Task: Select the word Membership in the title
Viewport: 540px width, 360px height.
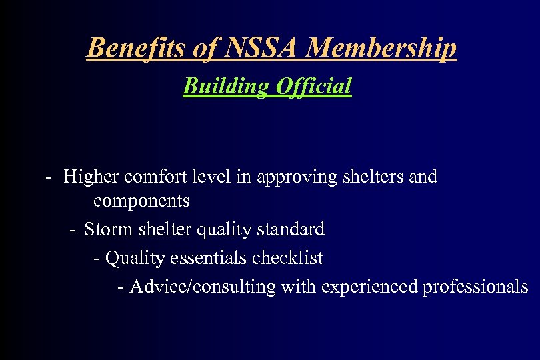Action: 383,48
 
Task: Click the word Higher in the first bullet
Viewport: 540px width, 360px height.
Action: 91,177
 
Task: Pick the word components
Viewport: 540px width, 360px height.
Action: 141,201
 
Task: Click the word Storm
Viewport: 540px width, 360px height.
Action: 110,229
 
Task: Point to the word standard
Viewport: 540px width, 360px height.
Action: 291,229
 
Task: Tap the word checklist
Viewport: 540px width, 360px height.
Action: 288,257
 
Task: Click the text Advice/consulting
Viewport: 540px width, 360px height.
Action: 203,287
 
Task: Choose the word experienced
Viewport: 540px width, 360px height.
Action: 370,287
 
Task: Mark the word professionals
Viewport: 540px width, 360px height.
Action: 475,287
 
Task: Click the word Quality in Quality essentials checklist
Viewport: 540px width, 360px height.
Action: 131,258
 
